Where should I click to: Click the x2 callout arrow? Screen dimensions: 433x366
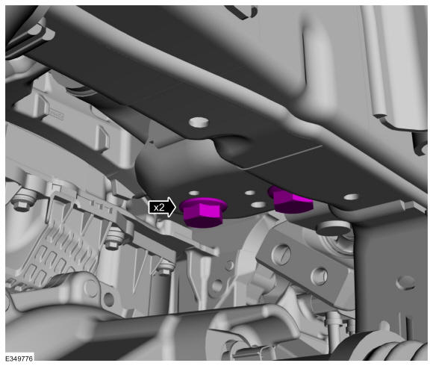(x=162, y=207)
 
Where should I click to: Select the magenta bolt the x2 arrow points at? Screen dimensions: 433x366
(x=203, y=212)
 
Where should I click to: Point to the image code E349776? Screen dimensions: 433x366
(x=19, y=359)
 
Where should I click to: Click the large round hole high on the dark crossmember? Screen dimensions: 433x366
(x=199, y=122)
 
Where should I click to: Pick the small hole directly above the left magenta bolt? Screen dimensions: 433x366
(x=194, y=193)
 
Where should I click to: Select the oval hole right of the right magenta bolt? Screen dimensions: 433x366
(x=352, y=197)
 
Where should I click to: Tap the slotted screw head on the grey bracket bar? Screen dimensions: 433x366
(x=281, y=253)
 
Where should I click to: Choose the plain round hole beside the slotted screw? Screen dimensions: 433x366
(x=320, y=276)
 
